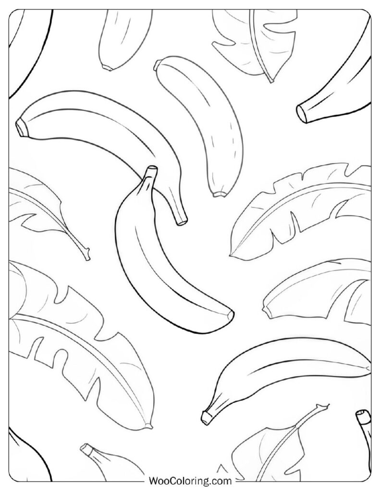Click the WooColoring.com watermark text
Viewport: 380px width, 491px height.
click(x=190, y=480)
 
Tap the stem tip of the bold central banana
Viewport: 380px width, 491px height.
click(x=152, y=168)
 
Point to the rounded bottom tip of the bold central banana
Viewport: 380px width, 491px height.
click(x=231, y=314)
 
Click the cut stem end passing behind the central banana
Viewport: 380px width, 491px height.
click(x=182, y=222)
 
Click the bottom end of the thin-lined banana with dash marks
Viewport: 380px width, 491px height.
click(x=220, y=195)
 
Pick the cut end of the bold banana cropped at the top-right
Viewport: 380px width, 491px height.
click(x=302, y=114)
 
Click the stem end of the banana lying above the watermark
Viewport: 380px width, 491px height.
click(x=206, y=418)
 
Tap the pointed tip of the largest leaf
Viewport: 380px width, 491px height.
click(x=150, y=426)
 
